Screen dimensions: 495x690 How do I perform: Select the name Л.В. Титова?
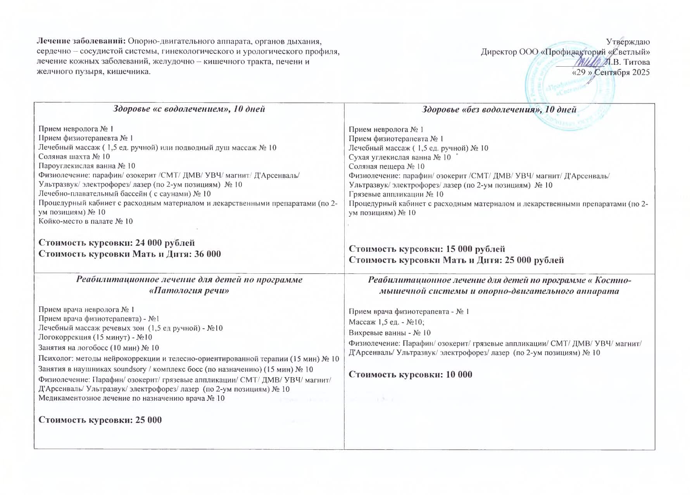[x=627, y=62]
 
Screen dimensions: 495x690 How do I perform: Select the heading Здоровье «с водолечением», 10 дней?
[x=189, y=109]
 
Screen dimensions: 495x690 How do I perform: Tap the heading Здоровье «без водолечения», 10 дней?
[x=499, y=110]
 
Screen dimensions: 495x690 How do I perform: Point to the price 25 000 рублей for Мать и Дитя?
[x=534, y=260]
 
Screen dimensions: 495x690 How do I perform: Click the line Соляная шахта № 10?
[x=74, y=157]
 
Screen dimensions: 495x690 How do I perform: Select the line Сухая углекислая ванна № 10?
[x=400, y=157]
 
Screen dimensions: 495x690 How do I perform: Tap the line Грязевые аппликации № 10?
[x=396, y=194]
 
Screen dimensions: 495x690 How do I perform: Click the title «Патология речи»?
[x=189, y=291]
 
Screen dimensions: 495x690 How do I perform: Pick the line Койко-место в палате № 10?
[x=85, y=221]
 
